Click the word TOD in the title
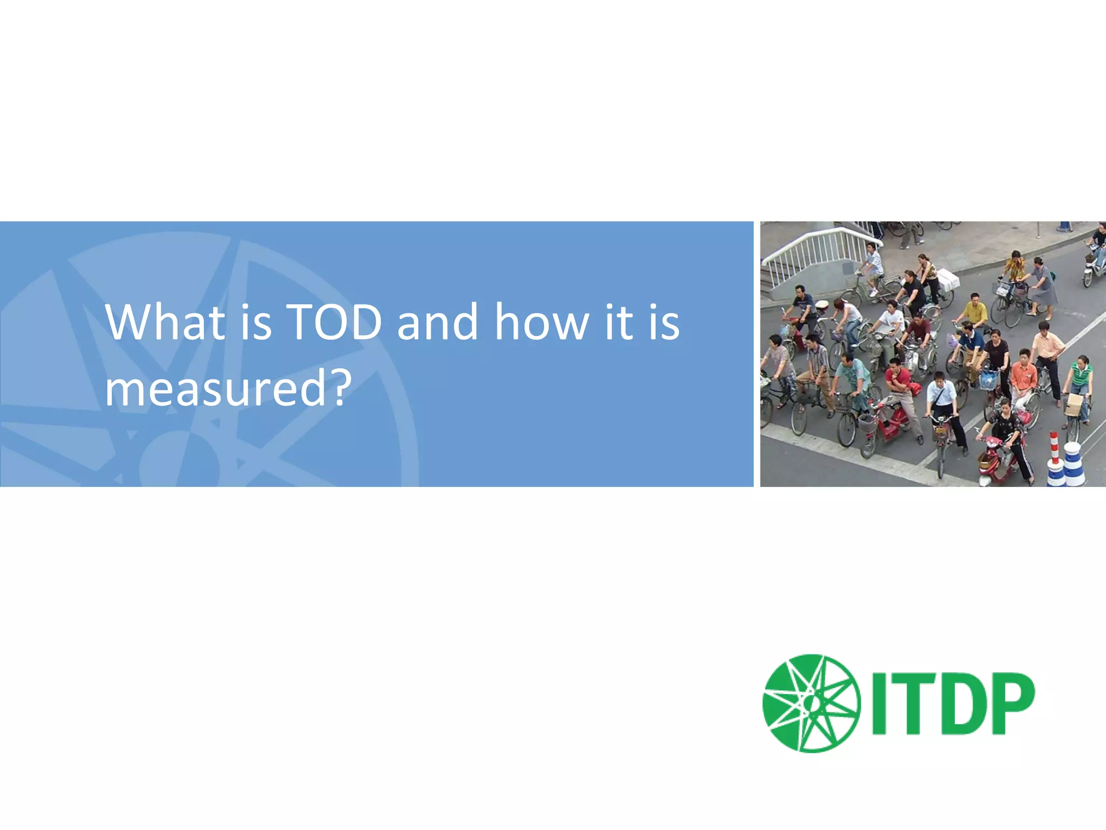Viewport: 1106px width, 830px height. [x=335, y=323]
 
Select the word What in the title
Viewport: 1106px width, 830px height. [x=165, y=323]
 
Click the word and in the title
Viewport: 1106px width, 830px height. [x=437, y=323]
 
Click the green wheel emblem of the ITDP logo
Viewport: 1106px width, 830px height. [x=811, y=703]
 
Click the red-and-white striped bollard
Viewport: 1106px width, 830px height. [x=1054, y=449]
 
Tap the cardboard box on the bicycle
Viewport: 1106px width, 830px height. [x=1073, y=405]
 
